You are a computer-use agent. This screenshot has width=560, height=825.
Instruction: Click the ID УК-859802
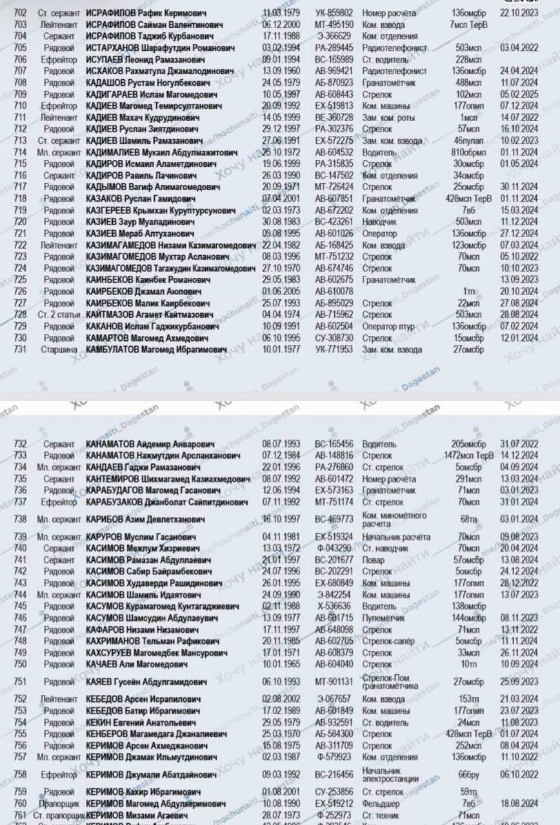[334, 13]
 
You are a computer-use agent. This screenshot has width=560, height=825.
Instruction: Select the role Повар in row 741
[373, 559]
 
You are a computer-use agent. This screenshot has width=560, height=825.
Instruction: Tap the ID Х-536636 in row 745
[334, 606]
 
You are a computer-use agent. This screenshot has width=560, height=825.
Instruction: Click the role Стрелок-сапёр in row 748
[388, 641]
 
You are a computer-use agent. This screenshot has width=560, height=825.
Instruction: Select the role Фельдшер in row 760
[381, 804]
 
